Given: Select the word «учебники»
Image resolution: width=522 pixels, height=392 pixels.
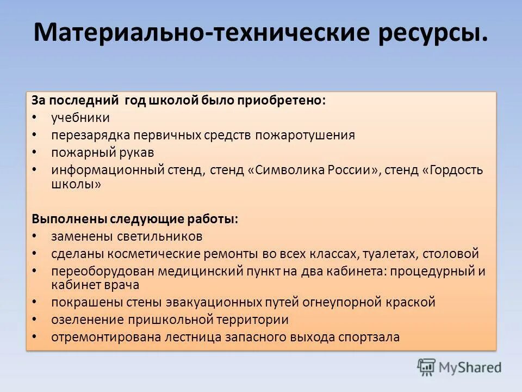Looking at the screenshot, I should pos(80,118).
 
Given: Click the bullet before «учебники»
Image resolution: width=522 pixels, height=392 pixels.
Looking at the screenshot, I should pos(35,118).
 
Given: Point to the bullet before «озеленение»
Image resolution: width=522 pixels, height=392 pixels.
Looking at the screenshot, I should pos(35,319).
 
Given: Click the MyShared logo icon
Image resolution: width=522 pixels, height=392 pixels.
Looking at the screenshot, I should pos(426,367).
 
